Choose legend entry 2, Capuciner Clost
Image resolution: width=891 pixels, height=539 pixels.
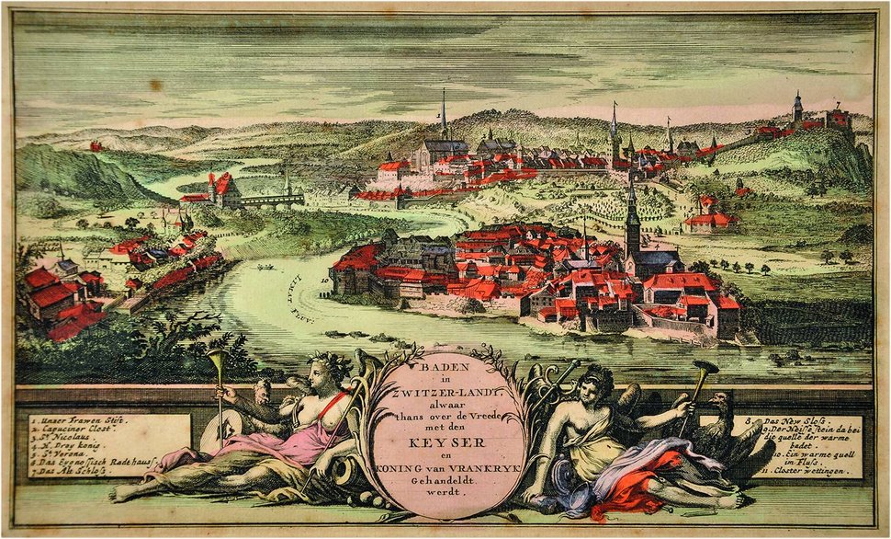pos(70,430)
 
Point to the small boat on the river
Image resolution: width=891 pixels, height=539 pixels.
pos(266,268)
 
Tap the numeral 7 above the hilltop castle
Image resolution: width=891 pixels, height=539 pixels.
pos(837,105)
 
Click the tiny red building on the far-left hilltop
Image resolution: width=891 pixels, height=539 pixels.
pos(95,145)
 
